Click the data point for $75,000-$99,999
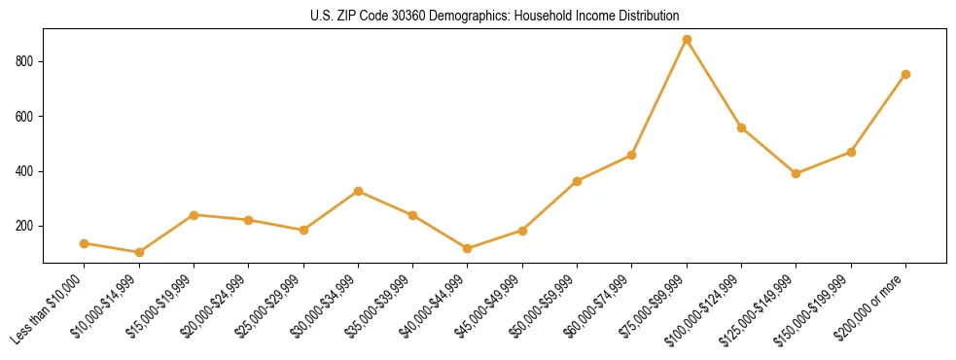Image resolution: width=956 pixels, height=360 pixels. [x=687, y=40]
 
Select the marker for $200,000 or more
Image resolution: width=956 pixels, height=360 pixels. [x=905, y=74]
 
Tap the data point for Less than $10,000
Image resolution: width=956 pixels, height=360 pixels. [x=85, y=243]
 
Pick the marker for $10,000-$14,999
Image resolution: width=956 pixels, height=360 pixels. [x=139, y=252]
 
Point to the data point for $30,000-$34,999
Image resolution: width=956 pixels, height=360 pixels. [x=358, y=191]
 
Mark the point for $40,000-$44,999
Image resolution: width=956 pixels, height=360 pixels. [x=468, y=248]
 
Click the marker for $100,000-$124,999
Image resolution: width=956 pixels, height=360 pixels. [x=741, y=127]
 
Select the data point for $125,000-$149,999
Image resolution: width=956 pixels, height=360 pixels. [x=796, y=173]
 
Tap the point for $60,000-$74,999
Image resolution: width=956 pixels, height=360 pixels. [x=632, y=155]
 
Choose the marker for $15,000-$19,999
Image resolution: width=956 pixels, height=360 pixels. [x=195, y=215]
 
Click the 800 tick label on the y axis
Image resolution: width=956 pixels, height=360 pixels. [x=26, y=61]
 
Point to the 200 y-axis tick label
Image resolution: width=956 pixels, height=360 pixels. [x=26, y=226]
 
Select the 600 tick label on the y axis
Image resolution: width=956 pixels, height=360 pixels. [x=26, y=117]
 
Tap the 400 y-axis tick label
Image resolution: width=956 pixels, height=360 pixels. [x=26, y=171]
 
